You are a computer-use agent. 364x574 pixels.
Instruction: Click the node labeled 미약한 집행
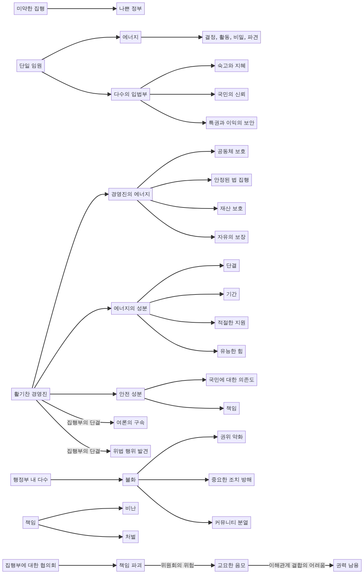tap(31, 9)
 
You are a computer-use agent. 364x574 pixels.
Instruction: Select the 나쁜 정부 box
tap(130, 9)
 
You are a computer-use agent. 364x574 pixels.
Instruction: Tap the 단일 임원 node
tap(31, 66)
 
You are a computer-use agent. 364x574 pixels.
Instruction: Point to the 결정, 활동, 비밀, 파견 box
tap(232, 37)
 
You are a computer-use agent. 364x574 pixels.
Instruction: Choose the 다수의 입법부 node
tap(130, 94)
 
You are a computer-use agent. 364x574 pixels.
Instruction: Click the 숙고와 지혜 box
tap(231, 66)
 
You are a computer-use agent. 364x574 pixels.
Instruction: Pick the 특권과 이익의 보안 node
tap(231, 123)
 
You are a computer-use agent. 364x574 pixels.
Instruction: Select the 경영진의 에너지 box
tap(130, 194)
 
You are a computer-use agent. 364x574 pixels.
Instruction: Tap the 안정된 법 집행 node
tap(231, 180)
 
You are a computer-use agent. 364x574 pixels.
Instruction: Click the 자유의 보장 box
tap(231, 237)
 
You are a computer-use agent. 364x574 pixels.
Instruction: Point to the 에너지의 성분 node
tap(130, 308)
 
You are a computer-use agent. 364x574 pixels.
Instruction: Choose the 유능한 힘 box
tap(231, 351)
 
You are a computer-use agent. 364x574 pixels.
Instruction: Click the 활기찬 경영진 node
tap(31, 394)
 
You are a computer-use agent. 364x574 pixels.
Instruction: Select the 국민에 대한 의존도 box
tap(231, 380)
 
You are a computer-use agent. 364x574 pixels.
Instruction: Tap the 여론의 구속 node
tap(130, 423)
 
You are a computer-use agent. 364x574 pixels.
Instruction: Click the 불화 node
tap(130, 479)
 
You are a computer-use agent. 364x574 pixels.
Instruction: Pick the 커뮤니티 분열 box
tap(231, 522)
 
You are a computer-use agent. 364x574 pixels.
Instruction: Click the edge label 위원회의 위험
tap(178, 565)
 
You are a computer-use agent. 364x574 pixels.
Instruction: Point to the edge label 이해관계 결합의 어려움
tap(297, 565)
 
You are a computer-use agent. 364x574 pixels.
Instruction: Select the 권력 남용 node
tap(347, 565)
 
